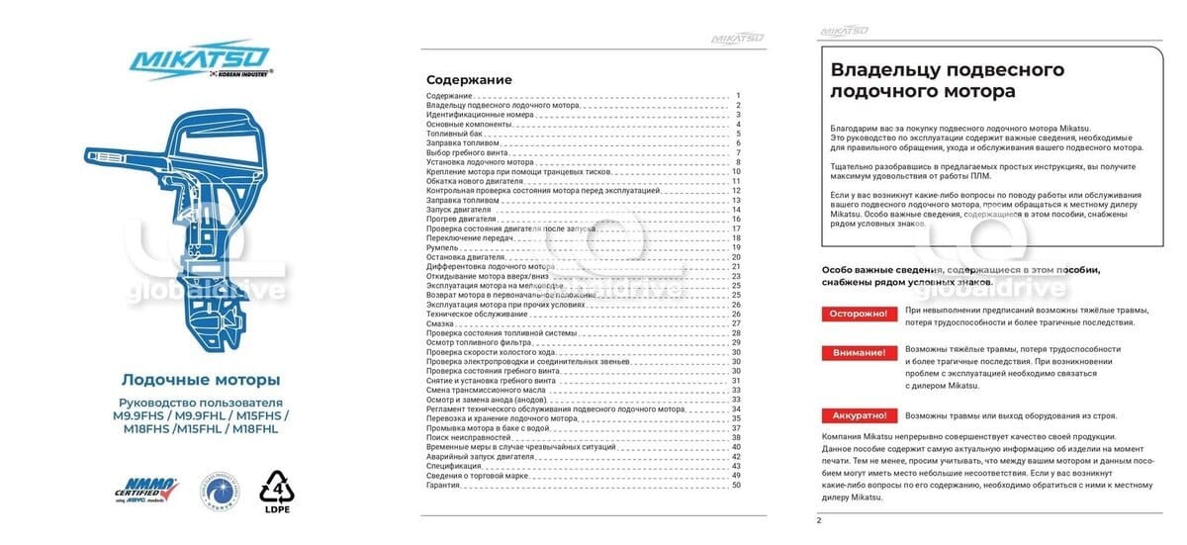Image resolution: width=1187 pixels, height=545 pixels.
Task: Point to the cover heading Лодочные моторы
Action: tap(200, 380)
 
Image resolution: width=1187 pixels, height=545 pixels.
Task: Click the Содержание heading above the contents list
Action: tap(469, 79)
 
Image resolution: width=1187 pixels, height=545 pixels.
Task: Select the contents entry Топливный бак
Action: tap(454, 134)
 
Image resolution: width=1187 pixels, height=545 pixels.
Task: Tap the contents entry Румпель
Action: tap(443, 247)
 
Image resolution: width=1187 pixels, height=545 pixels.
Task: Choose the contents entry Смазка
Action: tap(441, 323)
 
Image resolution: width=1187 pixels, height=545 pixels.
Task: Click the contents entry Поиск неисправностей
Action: tap(469, 437)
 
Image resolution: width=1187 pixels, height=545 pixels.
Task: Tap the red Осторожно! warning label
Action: tap(857, 314)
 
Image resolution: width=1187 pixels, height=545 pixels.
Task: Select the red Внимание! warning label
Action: tap(857, 353)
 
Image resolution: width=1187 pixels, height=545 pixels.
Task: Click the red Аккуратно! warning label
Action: tap(857, 415)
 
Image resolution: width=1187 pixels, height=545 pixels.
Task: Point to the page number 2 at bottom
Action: tap(819, 520)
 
